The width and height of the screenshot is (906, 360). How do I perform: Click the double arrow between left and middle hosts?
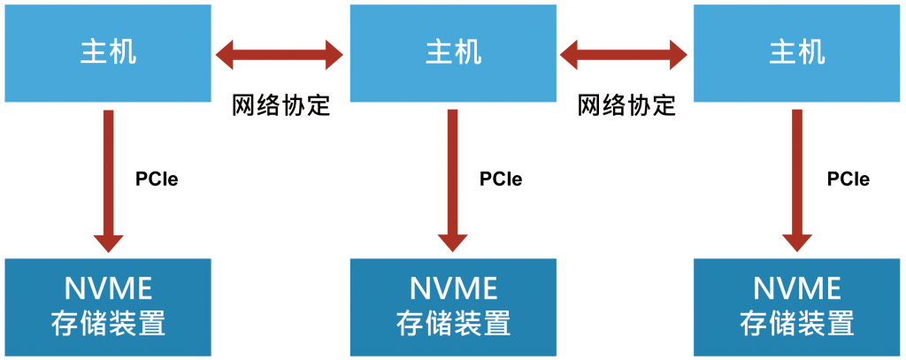[x=280, y=54]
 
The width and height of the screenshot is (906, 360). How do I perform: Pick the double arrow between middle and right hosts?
[x=625, y=54]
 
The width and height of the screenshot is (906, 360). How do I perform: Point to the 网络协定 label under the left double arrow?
[x=280, y=105]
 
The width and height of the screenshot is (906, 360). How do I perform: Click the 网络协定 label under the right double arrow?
[x=626, y=105]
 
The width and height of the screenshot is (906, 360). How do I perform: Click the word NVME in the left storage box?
[x=108, y=288]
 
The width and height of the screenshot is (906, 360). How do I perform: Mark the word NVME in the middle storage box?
[x=453, y=288]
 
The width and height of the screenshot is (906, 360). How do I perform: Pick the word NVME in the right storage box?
[x=796, y=288]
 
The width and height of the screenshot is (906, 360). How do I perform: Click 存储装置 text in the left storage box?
[x=108, y=323]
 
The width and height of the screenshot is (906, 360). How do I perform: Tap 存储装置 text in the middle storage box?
[x=453, y=323]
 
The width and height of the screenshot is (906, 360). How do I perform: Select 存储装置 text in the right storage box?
[x=796, y=323]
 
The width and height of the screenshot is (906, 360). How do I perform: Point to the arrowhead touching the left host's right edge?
[x=226, y=54]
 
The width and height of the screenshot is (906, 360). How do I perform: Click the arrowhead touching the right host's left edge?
[x=678, y=54]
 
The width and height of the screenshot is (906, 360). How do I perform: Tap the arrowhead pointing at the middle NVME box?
[x=453, y=241]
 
